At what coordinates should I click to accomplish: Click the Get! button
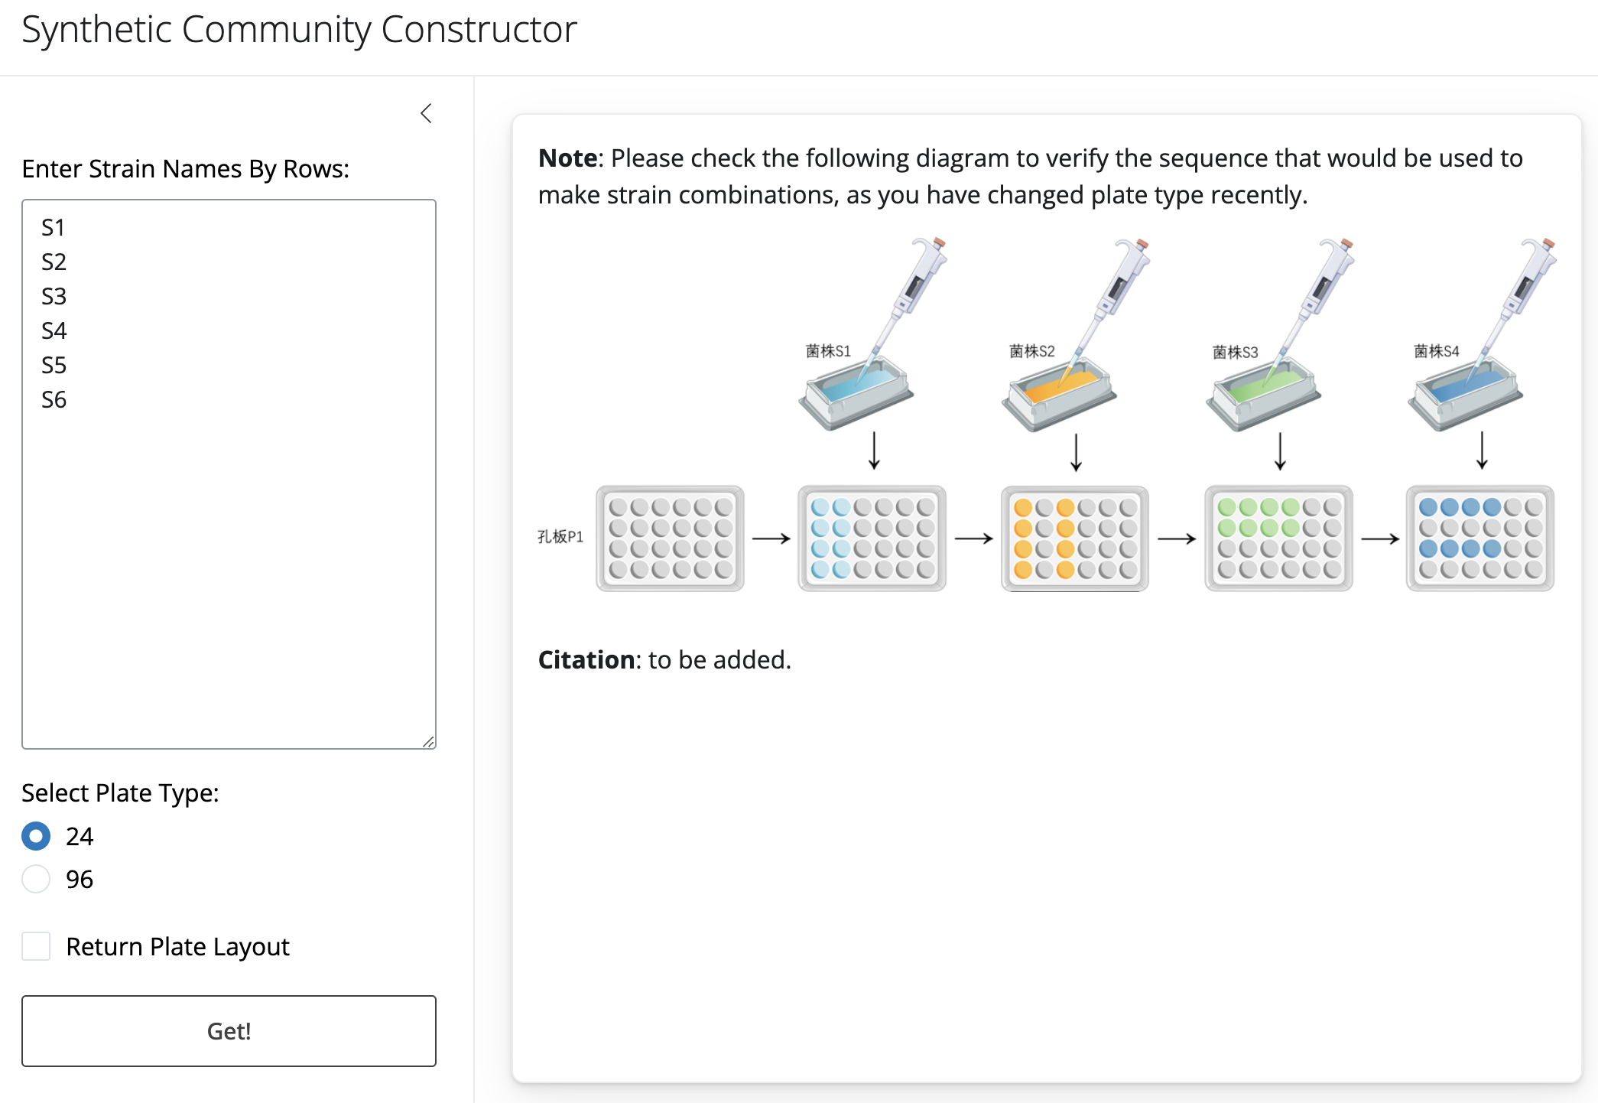pyautogui.click(x=229, y=1030)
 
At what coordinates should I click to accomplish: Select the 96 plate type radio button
pyautogui.click(x=36, y=879)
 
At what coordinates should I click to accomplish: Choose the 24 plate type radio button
pyautogui.click(x=36, y=836)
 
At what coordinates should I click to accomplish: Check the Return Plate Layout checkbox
pyautogui.click(x=36, y=946)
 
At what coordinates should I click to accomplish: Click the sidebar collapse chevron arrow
pyautogui.click(x=427, y=113)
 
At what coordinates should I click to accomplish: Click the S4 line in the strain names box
pyautogui.click(x=54, y=330)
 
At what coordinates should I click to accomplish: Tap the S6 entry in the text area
pyautogui.click(x=54, y=399)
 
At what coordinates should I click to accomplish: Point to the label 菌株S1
pyautogui.click(x=828, y=351)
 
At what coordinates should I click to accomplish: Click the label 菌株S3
pyautogui.click(x=1235, y=352)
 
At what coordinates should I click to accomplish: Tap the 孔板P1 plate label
pyautogui.click(x=560, y=537)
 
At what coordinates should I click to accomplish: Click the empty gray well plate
pyautogui.click(x=670, y=538)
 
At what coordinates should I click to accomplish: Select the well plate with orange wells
pyautogui.click(x=1074, y=538)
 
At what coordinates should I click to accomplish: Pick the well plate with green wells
pyautogui.click(x=1278, y=538)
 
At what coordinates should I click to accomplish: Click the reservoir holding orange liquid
pyautogui.click(x=1059, y=394)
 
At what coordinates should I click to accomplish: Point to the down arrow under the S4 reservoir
pyautogui.click(x=1482, y=451)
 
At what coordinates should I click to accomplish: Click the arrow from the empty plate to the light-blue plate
pyautogui.click(x=771, y=538)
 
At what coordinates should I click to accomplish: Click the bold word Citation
pyautogui.click(x=586, y=659)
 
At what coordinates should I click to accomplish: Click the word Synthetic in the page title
pyautogui.click(x=97, y=31)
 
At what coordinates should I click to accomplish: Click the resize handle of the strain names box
pyautogui.click(x=428, y=742)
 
